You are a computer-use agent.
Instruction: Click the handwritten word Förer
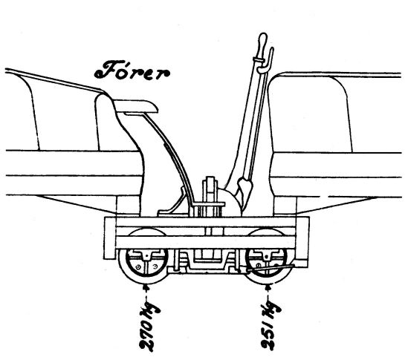point(132,71)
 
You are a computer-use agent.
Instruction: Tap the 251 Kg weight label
point(271,325)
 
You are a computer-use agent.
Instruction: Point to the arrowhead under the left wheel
point(146,287)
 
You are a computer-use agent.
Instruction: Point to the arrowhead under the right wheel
point(268,287)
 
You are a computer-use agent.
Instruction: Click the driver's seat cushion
point(136,107)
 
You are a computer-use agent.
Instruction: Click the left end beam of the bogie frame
point(110,238)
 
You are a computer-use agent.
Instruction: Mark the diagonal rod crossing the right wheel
point(271,268)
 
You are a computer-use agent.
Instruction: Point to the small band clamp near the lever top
point(258,60)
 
